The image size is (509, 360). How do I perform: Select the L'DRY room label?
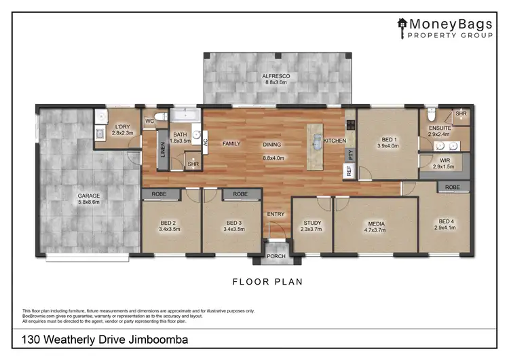click(x=122, y=127)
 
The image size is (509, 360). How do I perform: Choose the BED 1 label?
click(x=386, y=139)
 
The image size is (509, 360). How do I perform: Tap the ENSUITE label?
click(x=440, y=128)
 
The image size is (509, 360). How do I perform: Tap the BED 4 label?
click(x=445, y=221)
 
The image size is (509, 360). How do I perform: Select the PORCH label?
click(x=276, y=256)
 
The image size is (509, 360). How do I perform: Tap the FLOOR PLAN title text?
click(x=267, y=281)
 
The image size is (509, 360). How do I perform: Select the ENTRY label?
click(x=276, y=214)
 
